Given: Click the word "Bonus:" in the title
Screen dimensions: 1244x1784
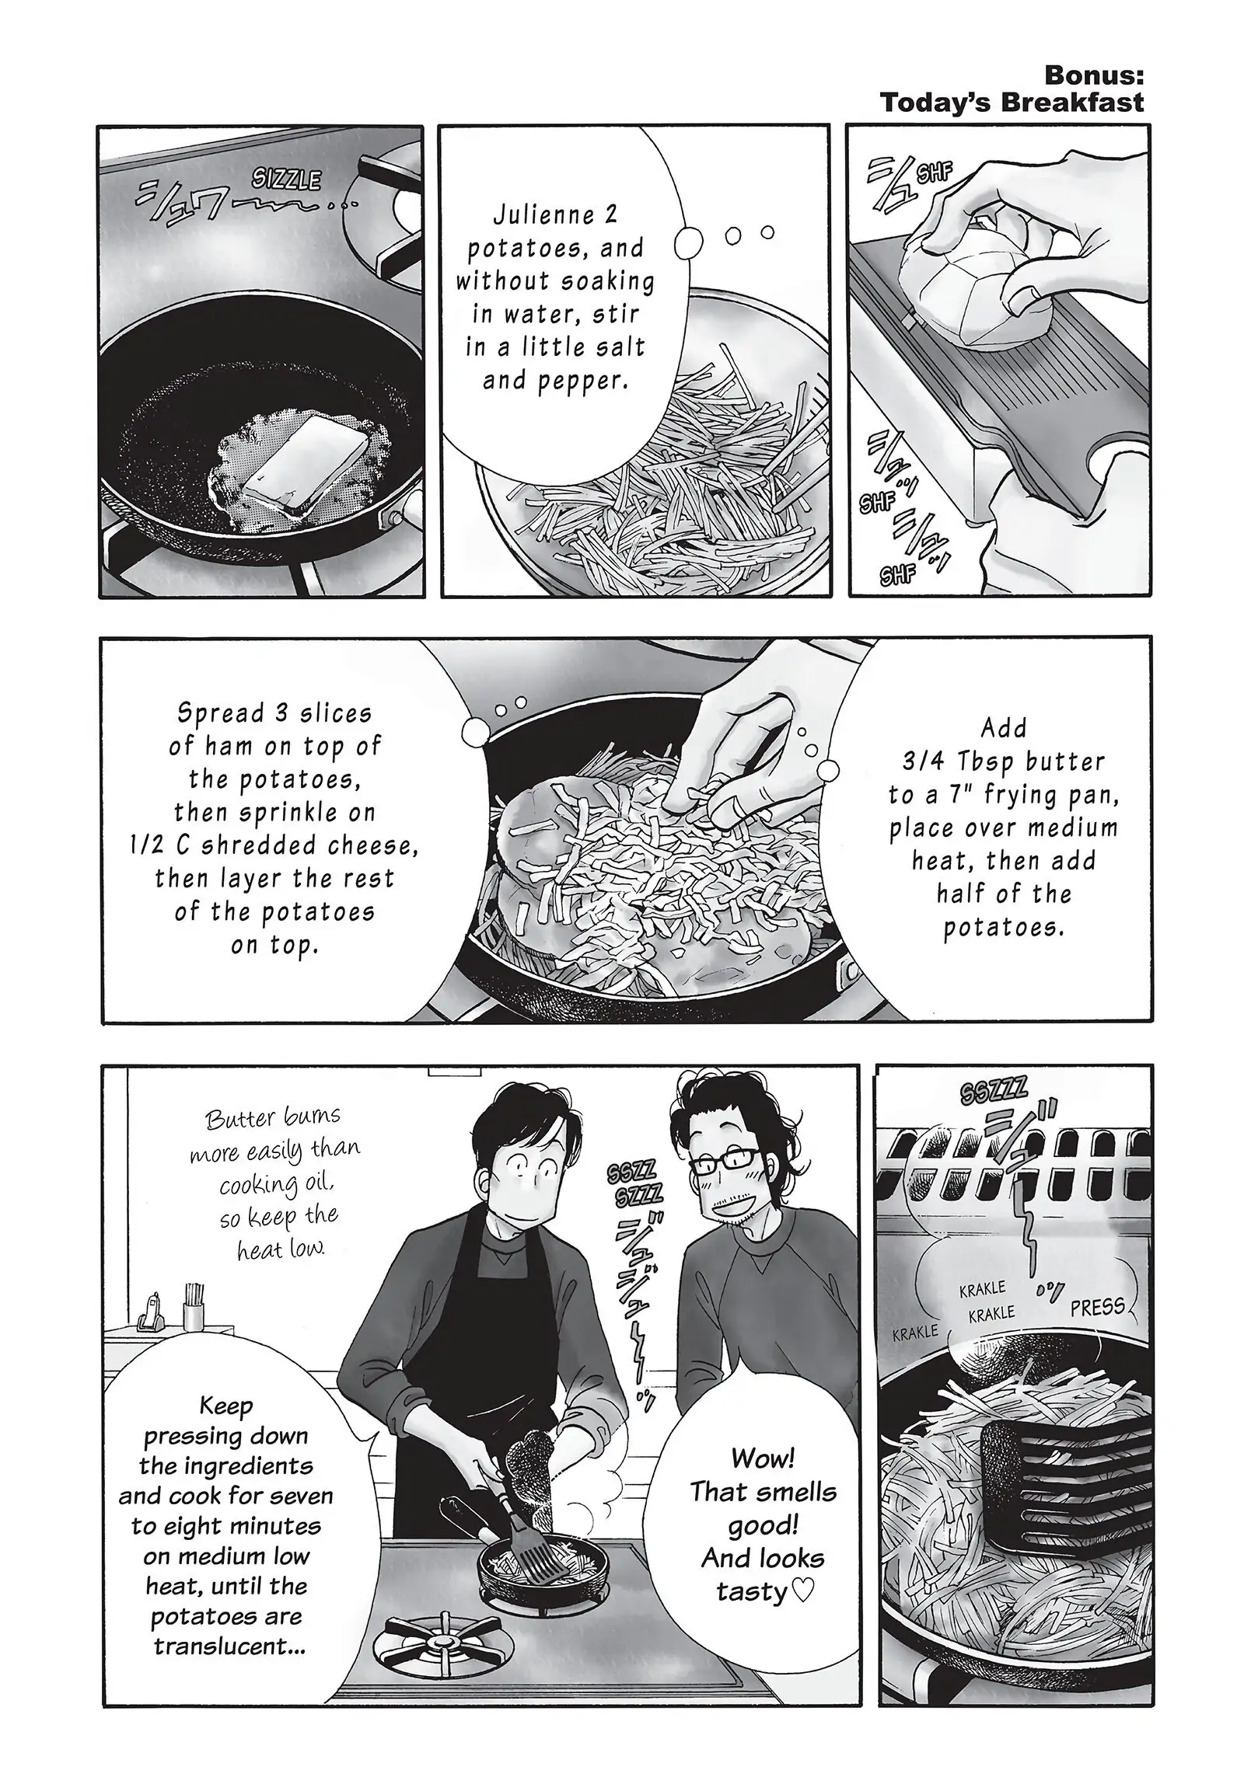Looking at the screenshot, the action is (x=1093, y=75).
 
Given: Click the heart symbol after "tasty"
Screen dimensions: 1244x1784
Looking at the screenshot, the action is (x=802, y=1591).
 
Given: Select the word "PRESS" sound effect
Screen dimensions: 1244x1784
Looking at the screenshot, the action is (x=1097, y=1308).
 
